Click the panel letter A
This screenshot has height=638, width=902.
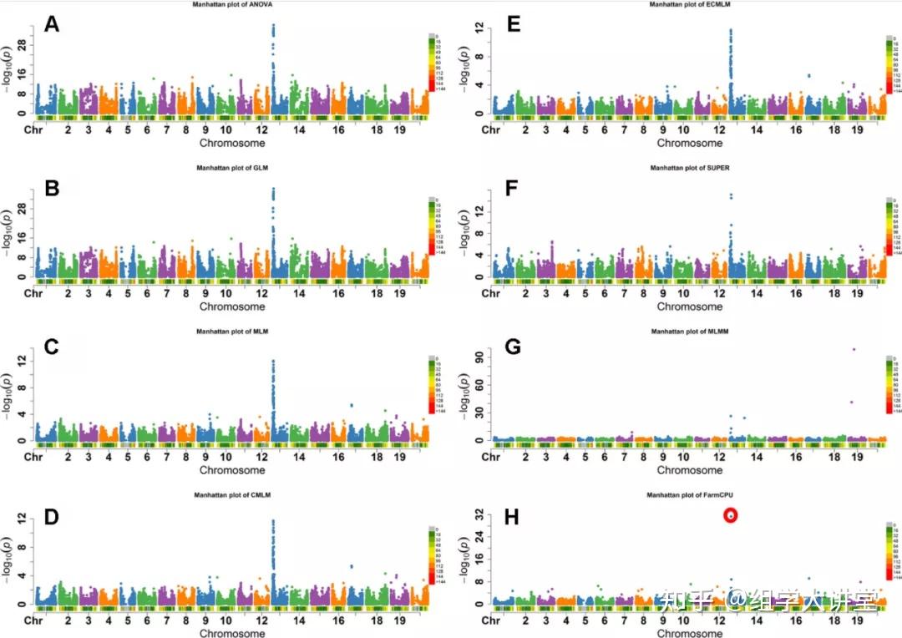click(x=52, y=25)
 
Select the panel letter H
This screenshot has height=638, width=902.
click(x=512, y=519)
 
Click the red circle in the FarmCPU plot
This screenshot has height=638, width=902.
click(x=731, y=516)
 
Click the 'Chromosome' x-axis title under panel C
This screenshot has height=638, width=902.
click(x=232, y=470)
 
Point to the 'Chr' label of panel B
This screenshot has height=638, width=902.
click(x=33, y=294)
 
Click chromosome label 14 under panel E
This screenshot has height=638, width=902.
click(x=757, y=130)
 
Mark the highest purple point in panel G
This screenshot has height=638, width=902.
click(x=853, y=349)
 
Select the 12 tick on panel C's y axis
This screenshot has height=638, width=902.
click(x=26, y=360)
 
